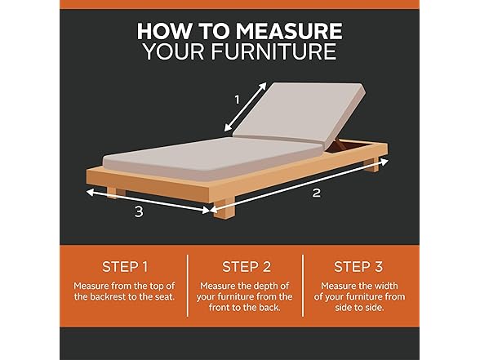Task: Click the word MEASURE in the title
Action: pos(289,31)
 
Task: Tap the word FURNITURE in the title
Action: pos(273,51)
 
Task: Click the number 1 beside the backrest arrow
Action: pos(237,100)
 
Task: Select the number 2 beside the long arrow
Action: pos(316,193)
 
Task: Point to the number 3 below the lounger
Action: pos(139,211)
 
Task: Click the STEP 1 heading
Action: pos(125,267)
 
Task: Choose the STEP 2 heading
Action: pos(247,267)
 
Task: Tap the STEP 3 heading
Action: pos(358,267)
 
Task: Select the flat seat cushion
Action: pos(214,158)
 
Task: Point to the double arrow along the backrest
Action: pos(246,107)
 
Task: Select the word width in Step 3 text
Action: pos(384,286)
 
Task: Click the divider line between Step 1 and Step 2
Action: pos(188,286)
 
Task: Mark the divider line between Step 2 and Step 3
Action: pos(303,286)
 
